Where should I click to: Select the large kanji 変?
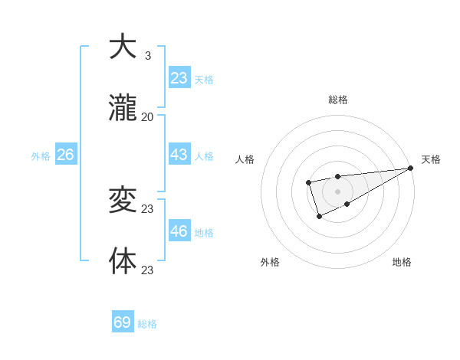point(123,201)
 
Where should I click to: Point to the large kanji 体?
point(123,260)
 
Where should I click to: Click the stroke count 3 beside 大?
point(148,56)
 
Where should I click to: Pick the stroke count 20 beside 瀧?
point(148,117)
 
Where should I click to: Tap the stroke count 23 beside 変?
point(148,209)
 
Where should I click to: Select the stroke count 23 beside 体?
point(148,270)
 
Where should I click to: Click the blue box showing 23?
point(179,78)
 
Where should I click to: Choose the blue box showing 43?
point(179,155)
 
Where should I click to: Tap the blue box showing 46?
point(179,231)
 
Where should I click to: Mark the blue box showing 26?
point(65,155)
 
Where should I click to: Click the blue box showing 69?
point(123,322)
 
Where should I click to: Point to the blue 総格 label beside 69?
point(147,324)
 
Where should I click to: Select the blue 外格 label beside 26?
point(41,156)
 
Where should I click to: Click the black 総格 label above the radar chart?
point(337,100)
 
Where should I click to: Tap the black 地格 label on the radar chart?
point(402,263)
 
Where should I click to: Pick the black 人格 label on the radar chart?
point(245,159)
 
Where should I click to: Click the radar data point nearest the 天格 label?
point(410,169)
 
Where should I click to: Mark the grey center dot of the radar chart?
point(337,191)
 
